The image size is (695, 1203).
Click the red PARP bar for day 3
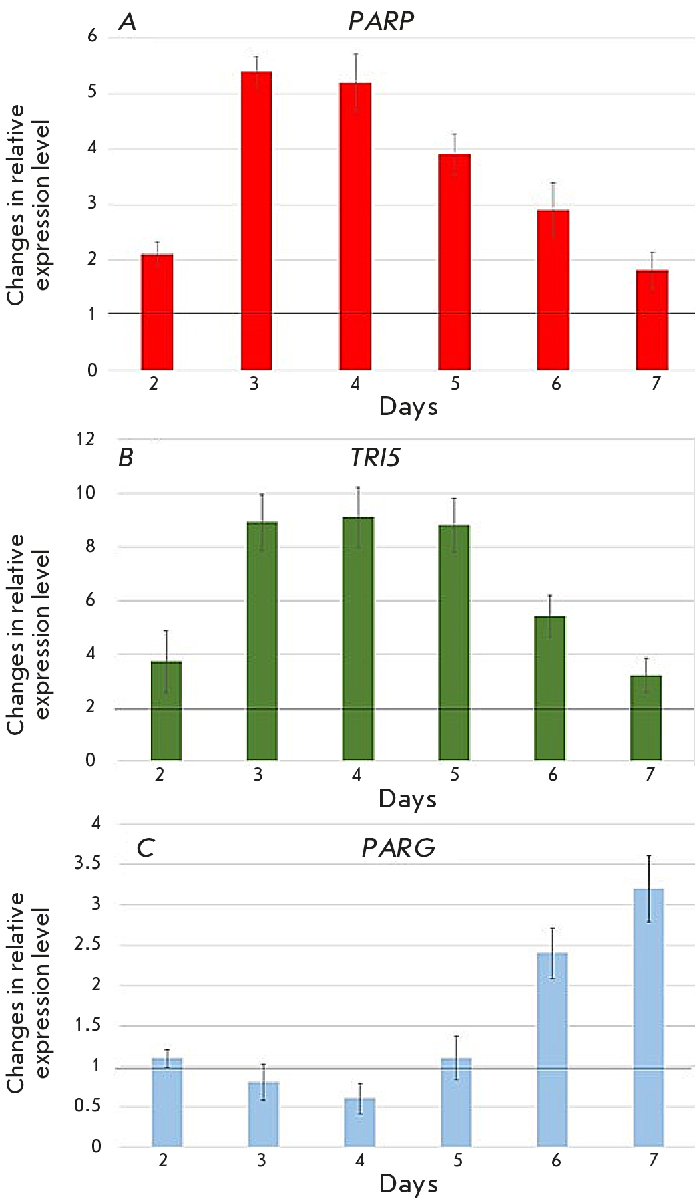[x=256, y=221]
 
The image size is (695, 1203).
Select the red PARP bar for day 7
[x=652, y=320]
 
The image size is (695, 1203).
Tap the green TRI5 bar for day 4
[x=358, y=638]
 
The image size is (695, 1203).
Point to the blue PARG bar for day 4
[x=360, y=1122]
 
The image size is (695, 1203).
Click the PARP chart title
[x=381, y=21]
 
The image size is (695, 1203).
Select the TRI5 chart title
[x=375, y=458]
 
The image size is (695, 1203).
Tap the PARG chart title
[x=398, y=848]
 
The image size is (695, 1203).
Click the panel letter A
[x=127, y=21]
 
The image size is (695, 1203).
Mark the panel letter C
[x=145, y=848]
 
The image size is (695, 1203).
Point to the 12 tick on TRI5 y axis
[x=86, y=439]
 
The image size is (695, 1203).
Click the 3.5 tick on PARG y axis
[x=87, y=863]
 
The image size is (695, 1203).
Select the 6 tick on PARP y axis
[x=93, y=36]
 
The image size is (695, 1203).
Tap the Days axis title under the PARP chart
[x=408, y=406]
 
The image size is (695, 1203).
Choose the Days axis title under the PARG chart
[x=408, y=1184]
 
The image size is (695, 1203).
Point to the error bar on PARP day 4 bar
[x=356, y=83]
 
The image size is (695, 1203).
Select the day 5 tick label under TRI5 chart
[x=455, y=775]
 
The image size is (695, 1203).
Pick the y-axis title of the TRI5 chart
[x=28, y=634]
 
